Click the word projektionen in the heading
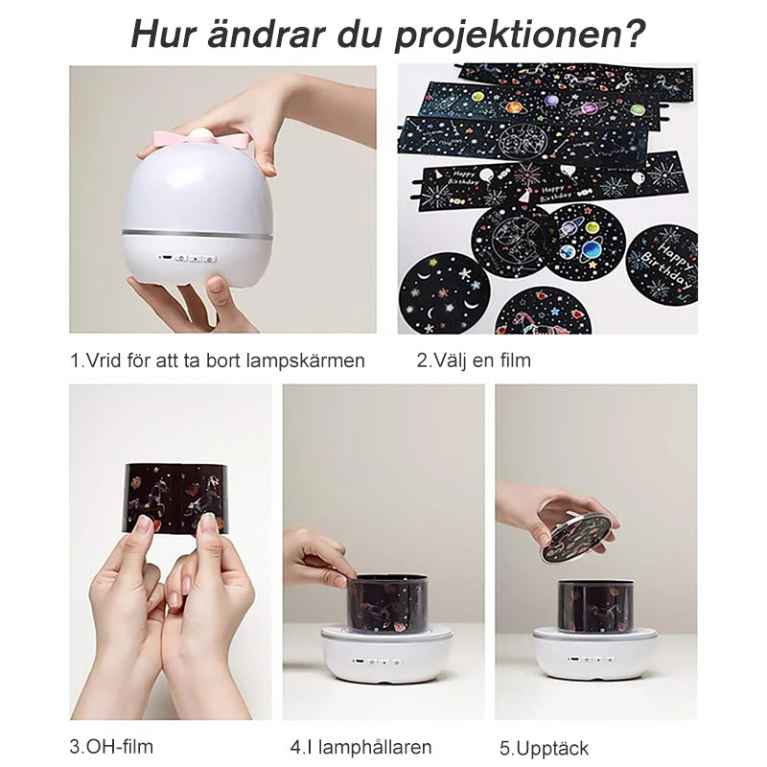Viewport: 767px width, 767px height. (x=520, y=35)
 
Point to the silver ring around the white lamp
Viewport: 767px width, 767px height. (x=198, y=233)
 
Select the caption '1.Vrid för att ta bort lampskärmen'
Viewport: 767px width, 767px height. (x=218, y=361)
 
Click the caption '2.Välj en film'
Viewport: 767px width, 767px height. (x=474, y=360)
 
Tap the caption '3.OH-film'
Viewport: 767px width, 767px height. (x=111, y=747)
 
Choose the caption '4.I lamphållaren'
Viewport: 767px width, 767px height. (x=361, y=748)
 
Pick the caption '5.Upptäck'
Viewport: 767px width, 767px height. (x=544, y=749)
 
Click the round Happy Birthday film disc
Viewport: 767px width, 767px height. (x=662, y=266)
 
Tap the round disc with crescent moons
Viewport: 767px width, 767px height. (x=444, y=293)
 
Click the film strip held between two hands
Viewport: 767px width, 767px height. (x=175, y=498)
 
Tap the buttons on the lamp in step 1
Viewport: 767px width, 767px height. (x=189, y=258)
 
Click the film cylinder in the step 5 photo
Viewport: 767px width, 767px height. (x=594, y=605)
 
